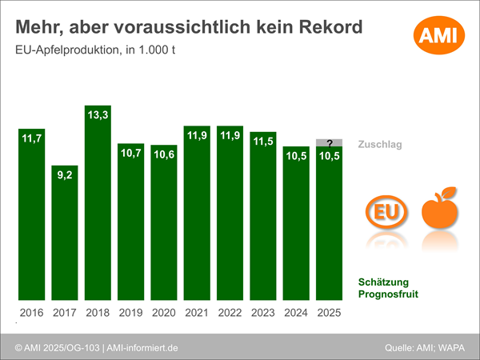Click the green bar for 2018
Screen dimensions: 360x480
98,208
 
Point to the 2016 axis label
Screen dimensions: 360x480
32,313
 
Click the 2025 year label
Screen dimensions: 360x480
329,313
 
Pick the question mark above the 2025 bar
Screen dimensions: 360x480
329,143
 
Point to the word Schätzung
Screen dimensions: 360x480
383,282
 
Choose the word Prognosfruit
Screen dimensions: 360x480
388,294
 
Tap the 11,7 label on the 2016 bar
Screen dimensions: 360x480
32,139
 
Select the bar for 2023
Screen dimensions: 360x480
262,220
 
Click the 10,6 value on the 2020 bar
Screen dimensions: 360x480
163,156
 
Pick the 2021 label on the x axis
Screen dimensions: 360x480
197,313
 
